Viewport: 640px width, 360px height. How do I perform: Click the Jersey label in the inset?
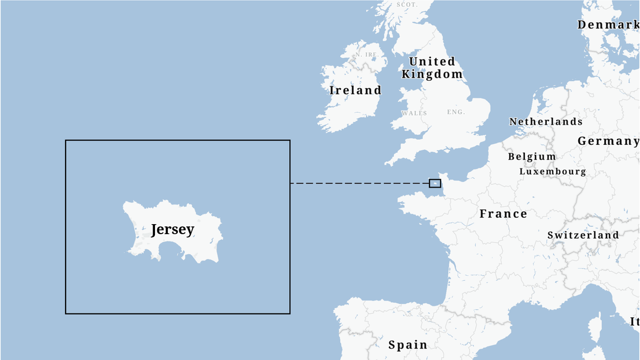(x=172, y=230)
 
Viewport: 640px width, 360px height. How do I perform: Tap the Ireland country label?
(x=355, y=90)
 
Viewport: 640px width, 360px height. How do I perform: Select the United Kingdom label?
(x=432, y=68)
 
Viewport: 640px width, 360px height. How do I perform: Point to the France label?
(x=503, y=214)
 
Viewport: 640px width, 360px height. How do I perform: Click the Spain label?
(x=408, y=345)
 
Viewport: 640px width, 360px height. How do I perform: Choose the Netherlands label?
(x=545, y=122)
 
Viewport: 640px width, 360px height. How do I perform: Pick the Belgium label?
(x=532, y=157)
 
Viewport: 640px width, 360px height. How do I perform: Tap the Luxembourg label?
(x=552, y=171)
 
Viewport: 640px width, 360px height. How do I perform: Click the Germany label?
(x=608, y=141)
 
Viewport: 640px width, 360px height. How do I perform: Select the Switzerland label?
(x=583, y=235)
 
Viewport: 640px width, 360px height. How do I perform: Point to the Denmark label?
(x=608, y=25)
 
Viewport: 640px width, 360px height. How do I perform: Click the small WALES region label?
(x=414, y=113)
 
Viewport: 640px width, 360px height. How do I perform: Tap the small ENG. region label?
(x=456, y=112)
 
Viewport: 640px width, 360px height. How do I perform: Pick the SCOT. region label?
(x=406, y=4)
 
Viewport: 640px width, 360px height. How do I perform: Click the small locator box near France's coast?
(x=435, y=183)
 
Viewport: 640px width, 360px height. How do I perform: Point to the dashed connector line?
(x=359, y=183)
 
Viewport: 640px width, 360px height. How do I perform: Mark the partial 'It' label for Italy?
(x=634, y=322)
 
